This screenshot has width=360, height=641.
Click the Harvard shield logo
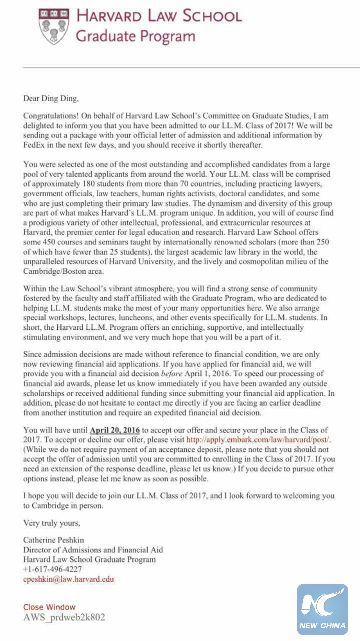[53, 27]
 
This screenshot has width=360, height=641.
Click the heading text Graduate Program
[135, 36]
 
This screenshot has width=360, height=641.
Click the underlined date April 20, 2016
[115, 431]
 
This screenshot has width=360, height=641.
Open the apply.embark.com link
[258, 440]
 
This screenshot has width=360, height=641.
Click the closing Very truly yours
[52, 523]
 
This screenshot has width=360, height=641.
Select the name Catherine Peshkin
[54, 540]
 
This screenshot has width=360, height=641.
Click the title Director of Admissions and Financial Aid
[93, 550]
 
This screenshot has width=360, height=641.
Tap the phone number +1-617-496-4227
[52, 569]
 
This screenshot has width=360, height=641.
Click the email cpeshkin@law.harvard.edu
[68, 579]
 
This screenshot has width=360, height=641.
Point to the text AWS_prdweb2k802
[64, 617]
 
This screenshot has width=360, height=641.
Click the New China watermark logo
[322, 609]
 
